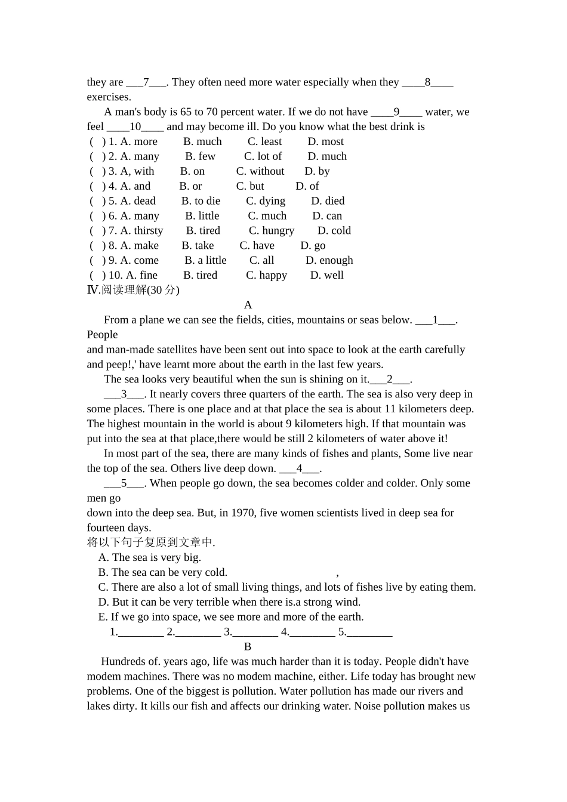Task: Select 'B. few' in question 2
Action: point(200,156)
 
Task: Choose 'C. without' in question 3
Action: point(260,171)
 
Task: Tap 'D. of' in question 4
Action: point(307,186)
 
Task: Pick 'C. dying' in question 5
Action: point(266,201)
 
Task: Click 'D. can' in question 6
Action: point(327,216)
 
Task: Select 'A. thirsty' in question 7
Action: point(141,231)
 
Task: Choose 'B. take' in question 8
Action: point(198,246)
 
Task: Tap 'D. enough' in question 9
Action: point(329,261)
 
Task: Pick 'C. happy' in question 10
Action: point(266,276)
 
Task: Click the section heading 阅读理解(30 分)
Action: point(134,290)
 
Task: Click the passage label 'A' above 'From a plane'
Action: point(248,305)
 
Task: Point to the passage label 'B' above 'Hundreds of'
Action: point(248,647)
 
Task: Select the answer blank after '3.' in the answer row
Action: point(255,633)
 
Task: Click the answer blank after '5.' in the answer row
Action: point(369,633)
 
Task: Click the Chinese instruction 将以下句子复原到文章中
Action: point(151,542)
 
